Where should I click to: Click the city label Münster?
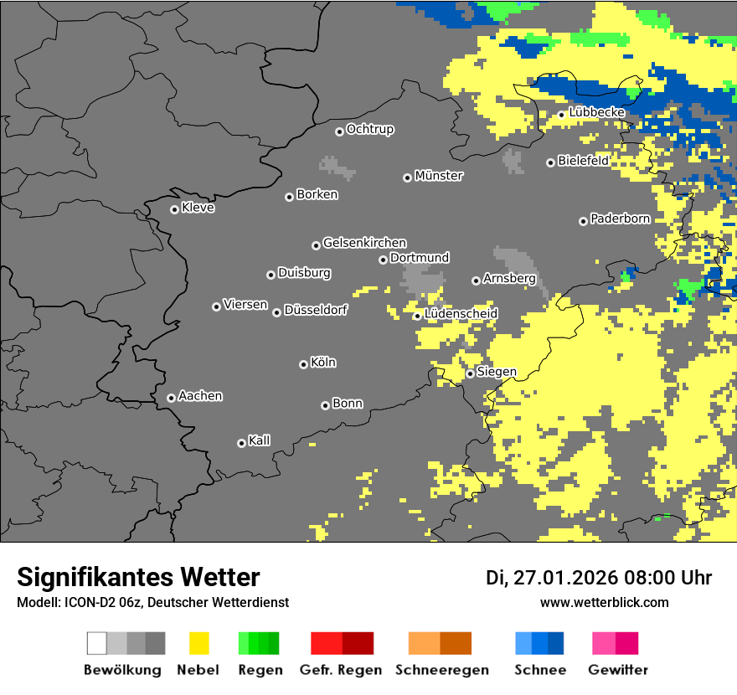pos(439,176)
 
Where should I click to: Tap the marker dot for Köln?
pos(303,364)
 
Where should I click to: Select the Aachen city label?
pos(200,396)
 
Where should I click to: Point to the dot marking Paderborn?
pos(583,221)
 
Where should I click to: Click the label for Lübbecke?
pos(596,112)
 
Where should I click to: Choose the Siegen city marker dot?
pos(471,373)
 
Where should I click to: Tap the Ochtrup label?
pos(370,130)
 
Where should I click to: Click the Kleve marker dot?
pos(174,209)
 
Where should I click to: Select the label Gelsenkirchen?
pos(364,243)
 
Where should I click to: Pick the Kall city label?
pos(260,440)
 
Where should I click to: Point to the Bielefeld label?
pos(584,161)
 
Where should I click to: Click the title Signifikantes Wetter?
pos(138,578)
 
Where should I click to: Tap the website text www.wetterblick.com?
pos(605,603)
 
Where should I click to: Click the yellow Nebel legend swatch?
pos(198,643)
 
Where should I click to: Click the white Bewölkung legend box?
pos(97,643)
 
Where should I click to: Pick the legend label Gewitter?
pos(618,670)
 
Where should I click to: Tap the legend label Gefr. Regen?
pos(341,670)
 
